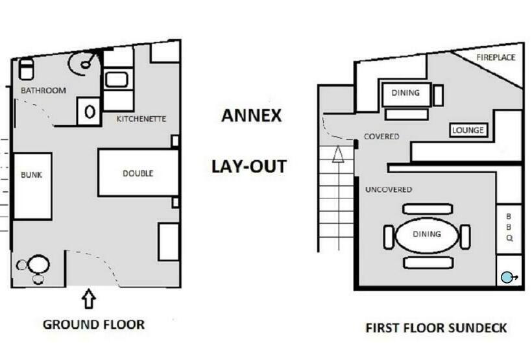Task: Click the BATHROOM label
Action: (43, 91)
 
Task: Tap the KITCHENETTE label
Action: (141, 119)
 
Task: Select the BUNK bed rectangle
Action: (32, 186)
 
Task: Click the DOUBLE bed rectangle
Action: (138, 173)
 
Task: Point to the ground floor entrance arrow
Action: (89, 298)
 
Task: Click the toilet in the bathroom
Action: (26, 69)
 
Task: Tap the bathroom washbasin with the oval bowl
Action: (89, 112)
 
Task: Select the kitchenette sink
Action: (117, 80)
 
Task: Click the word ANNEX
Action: (252, 115)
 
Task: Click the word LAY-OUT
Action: (249, 167)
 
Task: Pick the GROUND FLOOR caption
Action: (93, 325)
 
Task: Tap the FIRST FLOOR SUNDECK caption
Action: (436, 328)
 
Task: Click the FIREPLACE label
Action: (496, 58)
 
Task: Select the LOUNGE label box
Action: (468, 130)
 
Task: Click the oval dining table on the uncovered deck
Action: (427, 235)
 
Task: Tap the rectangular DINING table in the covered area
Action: (406, 94)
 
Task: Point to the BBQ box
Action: (509, 229)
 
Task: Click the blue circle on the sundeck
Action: (507, 278)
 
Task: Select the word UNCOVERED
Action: (389, 189)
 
